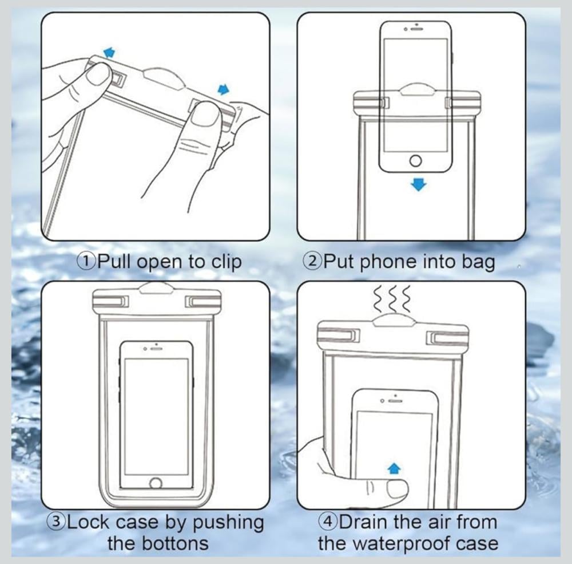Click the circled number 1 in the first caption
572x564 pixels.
tap(88, 261)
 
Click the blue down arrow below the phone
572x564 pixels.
tap(419, 184)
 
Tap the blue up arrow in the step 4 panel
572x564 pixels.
tap(394, 468)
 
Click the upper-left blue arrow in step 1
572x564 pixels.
tap(109, 52)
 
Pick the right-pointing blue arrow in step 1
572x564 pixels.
tap(224, 89)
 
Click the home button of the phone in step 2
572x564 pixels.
tap(416, 161)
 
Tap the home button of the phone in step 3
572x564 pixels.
tap(156, 483)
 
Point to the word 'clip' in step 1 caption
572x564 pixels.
tap(227, 262)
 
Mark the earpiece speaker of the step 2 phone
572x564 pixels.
tap(417, 29)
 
